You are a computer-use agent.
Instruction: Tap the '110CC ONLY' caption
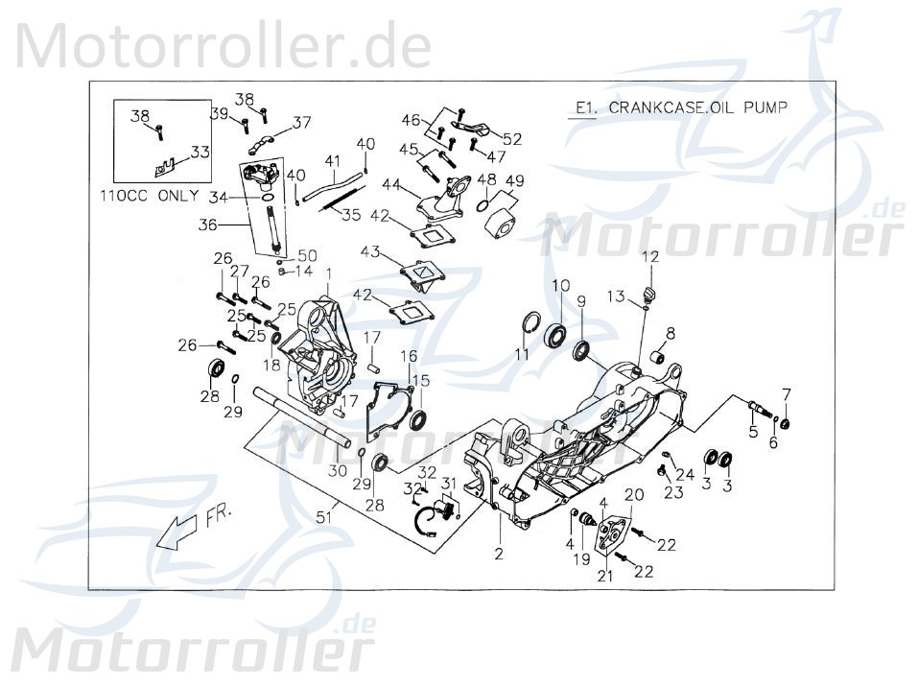(x=149, y=195)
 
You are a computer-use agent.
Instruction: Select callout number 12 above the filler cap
(x=677, y=256)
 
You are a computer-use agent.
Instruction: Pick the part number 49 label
(x=514, y=180)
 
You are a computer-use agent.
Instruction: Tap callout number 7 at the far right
(x=787, y=393)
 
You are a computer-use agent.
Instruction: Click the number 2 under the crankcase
(x=498, y=555)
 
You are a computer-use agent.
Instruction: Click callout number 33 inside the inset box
(x=200, y=151)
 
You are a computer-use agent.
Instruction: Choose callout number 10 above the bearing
(x=560, y=285)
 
